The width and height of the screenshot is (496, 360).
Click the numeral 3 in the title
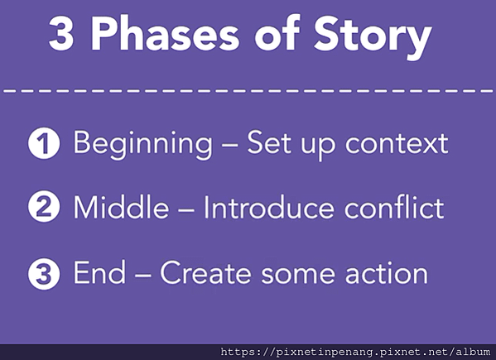pyautogui.click(x=61, y=34)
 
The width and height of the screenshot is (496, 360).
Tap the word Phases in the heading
pyautogui.click(x=165, y=33)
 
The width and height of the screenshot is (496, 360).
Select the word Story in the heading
pyautogui.click(x=373, y=37)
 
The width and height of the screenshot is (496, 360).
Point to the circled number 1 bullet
pyautogui.click(x=44, y=143)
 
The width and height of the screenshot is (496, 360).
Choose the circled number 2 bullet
pyautogui.click(x=44, y=206)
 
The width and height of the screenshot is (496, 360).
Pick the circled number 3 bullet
pyautogui.click(x=44, y=274)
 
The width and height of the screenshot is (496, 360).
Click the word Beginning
pyautogui.click(x=142, y=145)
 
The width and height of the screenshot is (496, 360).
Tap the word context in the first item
pyautogui.click(x=397, y=144)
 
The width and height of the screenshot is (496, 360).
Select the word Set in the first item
pyautogui.click(x=269, y=143)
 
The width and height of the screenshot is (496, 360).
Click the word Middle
pyautogui.click(x=121, y=207)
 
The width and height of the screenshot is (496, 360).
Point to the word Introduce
pyautogui.click(x=268, y=207)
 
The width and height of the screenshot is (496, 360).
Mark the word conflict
pyautogui.click(x=394, y=207)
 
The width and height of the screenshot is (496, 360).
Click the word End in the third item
pyautogui.click(x=99, y=272)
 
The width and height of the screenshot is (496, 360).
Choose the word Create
pyautogui.click(x=205, y=272)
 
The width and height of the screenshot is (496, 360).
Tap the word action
pyautogui.click(x=387, y=273)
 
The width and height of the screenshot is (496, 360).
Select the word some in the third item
pyautogui.click(x=298, y=275)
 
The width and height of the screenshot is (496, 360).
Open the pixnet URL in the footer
pyautogui.click(x=355, y=352)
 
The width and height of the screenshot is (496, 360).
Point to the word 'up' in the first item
pyautogui.click(x=318, y=148)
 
